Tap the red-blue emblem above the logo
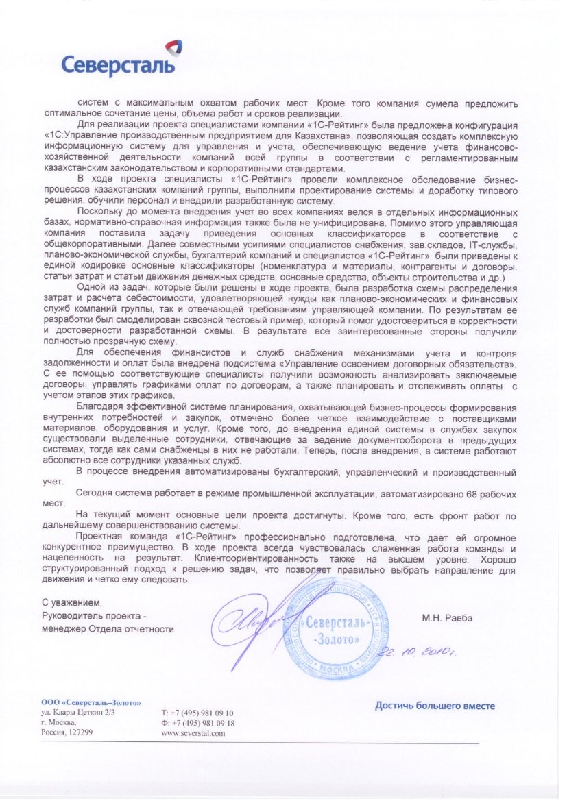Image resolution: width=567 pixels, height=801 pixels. [x=174, y=49]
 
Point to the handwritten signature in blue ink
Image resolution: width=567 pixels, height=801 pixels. [x=250, y=620]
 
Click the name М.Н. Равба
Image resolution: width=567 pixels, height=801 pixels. [x=447, y=617]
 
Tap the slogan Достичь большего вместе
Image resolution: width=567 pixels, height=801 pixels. [x=435, y=706]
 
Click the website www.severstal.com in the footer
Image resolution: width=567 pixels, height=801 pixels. [x=193, y=732]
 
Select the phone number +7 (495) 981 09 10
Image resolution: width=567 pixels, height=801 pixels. [x=197, y=713]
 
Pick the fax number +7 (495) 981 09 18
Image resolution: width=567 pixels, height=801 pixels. [x=197, y=723]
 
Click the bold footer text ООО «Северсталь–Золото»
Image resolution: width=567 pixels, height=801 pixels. [x=91, y=702]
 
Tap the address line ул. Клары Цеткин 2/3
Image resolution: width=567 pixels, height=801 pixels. [x=78, y=713]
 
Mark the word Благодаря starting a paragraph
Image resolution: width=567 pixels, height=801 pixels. [x=102, y=406]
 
